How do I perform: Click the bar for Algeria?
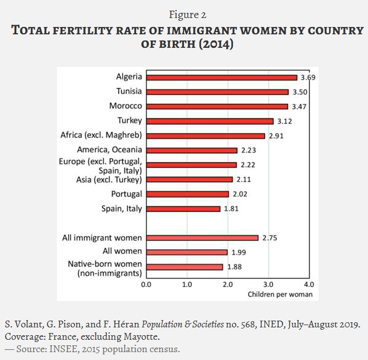point(222,77)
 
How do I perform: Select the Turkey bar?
point(210,121)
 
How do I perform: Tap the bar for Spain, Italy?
point(183,209)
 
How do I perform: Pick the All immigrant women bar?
point(203,238)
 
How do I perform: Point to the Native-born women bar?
point(185,267)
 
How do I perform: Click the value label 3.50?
point(299,92)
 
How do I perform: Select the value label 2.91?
point(276,136)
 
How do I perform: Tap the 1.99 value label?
point(239,253)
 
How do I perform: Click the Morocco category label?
point(125,106)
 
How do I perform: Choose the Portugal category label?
point(126,193)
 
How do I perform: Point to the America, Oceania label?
point(109,150)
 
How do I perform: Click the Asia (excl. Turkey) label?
point(108,179)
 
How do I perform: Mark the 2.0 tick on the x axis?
point(227,284)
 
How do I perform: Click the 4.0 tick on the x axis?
point(308,284)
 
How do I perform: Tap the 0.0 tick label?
point(146,284)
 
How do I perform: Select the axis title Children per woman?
point(280,294)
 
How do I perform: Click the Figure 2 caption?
point(183,14)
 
